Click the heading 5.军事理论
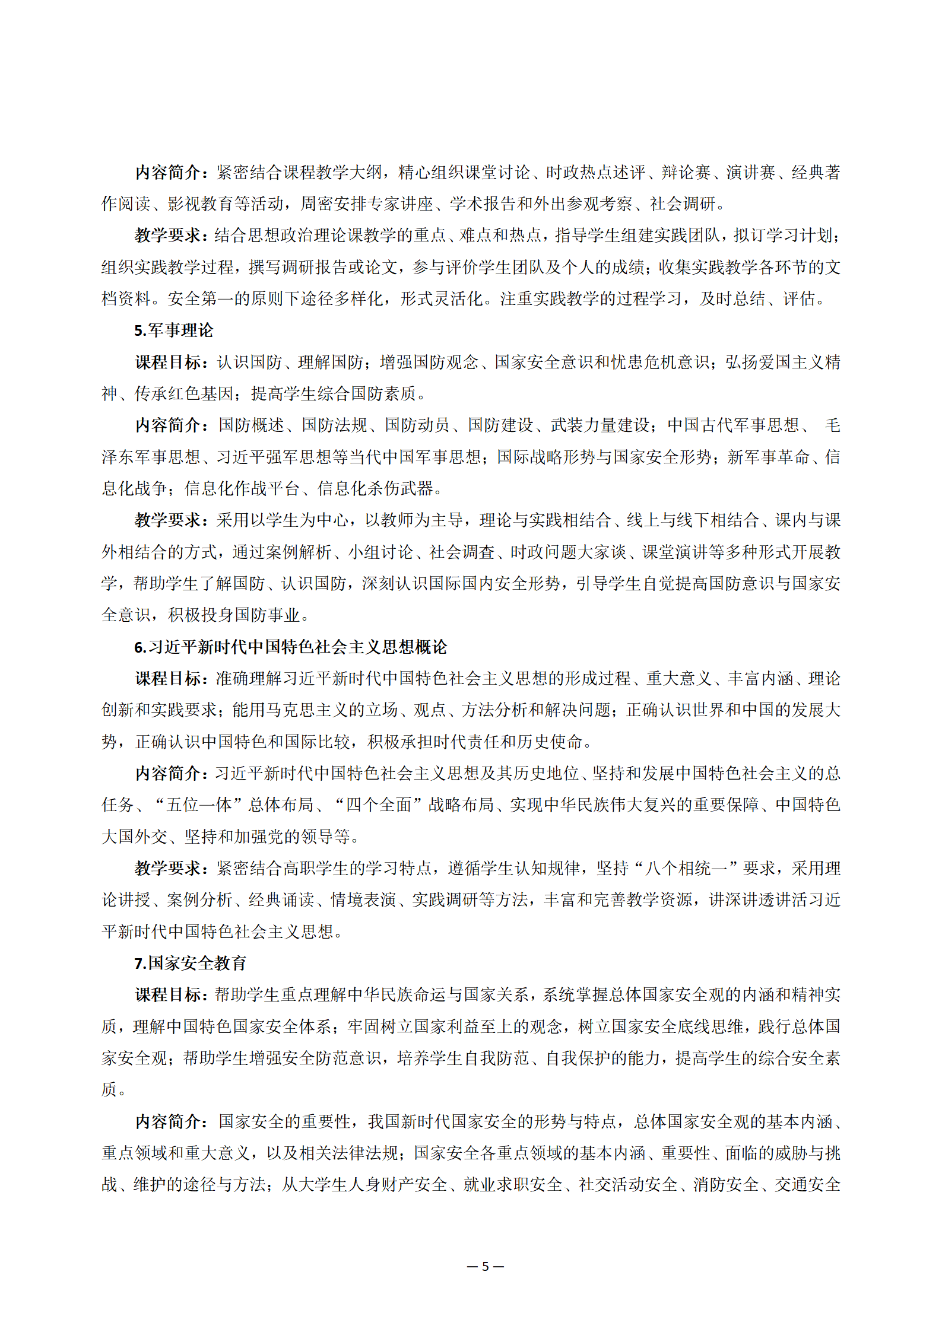pyautogui.click(x=173, y=330)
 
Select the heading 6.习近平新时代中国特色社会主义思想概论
pyautogui.click(x=290, y=647)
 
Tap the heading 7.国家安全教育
pyautogui.click(x=190, y=963)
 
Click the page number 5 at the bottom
pyautogui.click(x=485, y=1267)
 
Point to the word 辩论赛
pyautogui.click(x=686, y=173)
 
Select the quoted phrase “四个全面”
pyautogui.click(x=378, y=805)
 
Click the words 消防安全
pyautogui.click(x=726, y=1185)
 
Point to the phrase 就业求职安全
pyautogui.click(x=513, y=1185)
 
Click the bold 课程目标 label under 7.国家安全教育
pyautogui.click(x=169, y=995)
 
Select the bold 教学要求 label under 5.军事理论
pyautogui.click(x=169, y=520)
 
